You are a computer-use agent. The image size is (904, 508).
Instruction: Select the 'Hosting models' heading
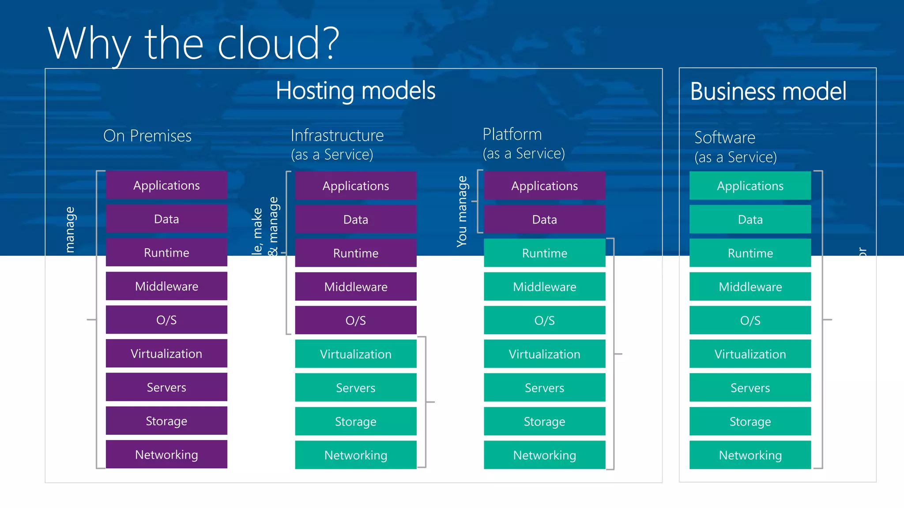tap(355, 90)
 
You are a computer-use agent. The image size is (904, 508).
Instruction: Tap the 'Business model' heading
tap(768, 91)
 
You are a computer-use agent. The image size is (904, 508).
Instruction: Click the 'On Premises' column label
tap(147, 136)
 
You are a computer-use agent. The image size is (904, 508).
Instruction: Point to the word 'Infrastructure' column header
tap(337, 135)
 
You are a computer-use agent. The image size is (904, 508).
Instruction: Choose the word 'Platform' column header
tap(512, 134)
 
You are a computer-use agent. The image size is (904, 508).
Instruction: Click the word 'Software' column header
tap(725, 138)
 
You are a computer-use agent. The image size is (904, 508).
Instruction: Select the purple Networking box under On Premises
tap(166, 454)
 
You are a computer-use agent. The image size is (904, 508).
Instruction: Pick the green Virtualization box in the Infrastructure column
tap(355, 354)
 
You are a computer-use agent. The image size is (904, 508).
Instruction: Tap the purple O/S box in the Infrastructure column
tap(355, 320)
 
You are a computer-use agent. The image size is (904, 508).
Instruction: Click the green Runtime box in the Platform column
tap(544, 253)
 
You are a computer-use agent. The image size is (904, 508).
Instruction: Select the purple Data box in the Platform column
tap(544, 219)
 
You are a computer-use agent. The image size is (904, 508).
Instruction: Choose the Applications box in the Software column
tap(750, 186)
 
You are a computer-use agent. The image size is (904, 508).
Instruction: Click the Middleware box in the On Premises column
tap(166, 286)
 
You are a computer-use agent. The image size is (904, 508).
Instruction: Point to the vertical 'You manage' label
tap(462, 211)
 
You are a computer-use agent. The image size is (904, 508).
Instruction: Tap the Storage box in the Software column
tap(750, 421)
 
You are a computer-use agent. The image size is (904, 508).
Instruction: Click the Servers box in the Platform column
tap(544, 388)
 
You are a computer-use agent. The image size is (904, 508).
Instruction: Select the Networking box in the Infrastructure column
tap(355, 455)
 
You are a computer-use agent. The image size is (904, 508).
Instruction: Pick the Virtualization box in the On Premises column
tap(166, 353)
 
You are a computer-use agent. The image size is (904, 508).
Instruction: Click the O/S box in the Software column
tap(750, 320)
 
